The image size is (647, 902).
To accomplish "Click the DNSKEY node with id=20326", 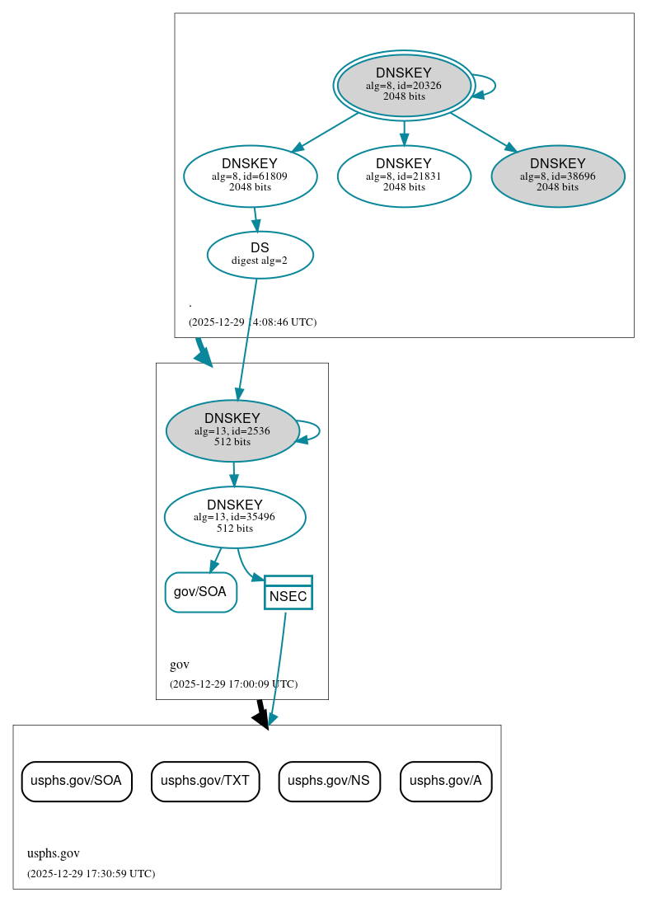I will [404, 85].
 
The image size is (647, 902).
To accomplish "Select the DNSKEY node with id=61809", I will [250, 176].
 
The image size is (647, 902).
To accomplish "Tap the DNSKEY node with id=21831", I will [404, 176].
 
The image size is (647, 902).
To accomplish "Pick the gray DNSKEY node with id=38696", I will [557, 176].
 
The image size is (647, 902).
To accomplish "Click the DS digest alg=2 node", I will [260, 254].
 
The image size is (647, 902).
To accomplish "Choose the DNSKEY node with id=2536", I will [232, 430].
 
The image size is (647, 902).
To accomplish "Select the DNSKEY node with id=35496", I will [235, 517].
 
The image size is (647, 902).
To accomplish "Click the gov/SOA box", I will [200, 592].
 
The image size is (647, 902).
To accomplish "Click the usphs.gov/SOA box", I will [76, 781].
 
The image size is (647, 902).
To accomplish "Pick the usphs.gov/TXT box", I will [205, 781].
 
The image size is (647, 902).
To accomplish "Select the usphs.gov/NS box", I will [329, 781].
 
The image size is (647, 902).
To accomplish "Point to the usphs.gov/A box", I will [445, 781].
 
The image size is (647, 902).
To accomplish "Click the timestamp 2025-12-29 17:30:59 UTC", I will [91, 873].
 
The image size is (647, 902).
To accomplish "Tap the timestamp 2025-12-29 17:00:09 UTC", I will [233, 684].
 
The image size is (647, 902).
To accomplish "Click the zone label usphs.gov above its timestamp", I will [53, 853].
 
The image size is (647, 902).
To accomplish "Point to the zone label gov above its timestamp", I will [180, 665].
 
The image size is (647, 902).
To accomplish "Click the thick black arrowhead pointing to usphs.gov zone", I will [261, 719].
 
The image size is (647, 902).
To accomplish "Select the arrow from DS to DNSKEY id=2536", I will [247, 338].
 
